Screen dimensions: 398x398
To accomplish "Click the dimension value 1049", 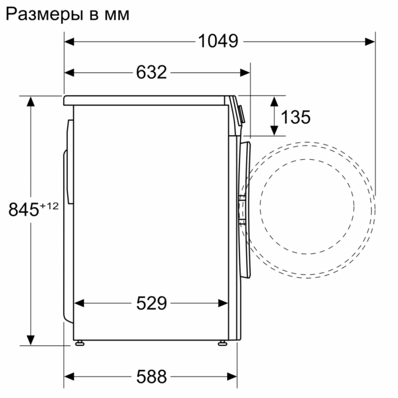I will [218, 42].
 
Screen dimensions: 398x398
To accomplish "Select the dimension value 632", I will [151, 72].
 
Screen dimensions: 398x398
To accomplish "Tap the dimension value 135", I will [296, 116].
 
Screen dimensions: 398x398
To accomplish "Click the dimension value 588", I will [151, 377].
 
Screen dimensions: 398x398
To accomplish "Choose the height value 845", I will [23, 209].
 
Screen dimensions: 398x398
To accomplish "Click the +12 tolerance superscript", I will [48, 206].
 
